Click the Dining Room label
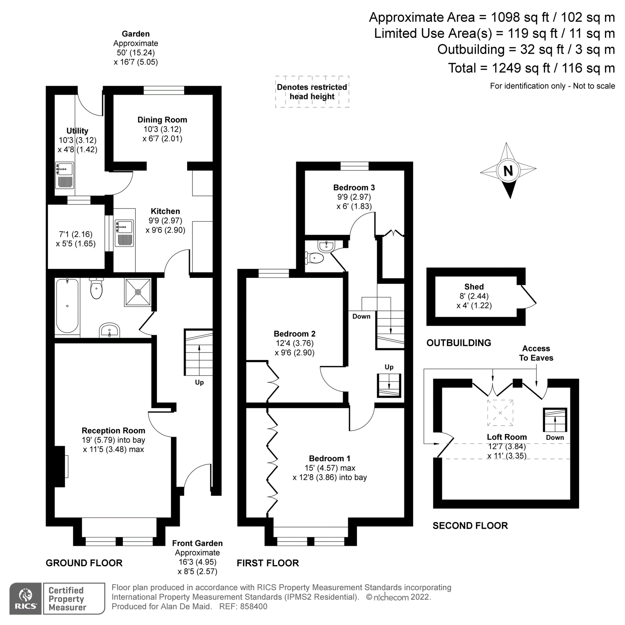coord(162,120)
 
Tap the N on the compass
coord(508,171)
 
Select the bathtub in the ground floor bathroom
coord(67,306)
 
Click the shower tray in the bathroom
coord(138,292)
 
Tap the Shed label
coord(474,287)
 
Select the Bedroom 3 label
coord(354,187)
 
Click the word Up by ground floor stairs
coord(199,382)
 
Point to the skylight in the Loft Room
coord(500,412)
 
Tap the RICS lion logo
coord(26,599)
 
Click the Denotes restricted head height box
coord(312,92)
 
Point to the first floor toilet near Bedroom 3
coord(315,258)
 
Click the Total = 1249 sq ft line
coord(531,68)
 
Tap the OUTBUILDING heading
coord(459,343)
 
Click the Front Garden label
coord(197,543)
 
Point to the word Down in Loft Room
coord(555,437)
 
